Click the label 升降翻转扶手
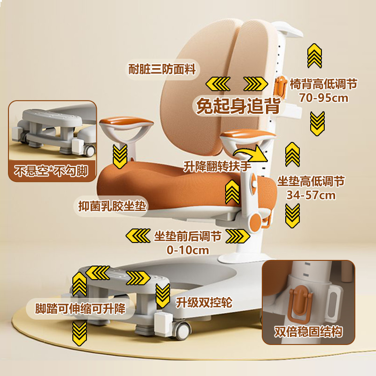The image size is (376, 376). click(x=217, y=167)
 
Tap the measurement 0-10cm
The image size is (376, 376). click(x=188, y=250)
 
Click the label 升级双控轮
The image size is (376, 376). click(x=204, y=302)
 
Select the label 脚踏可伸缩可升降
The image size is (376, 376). click(x=81, y=309)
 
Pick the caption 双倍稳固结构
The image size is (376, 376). click(x=309, y=332)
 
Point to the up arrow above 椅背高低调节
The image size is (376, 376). click(x=314, y=55)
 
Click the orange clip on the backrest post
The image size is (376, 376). click(x=281, y=86)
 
